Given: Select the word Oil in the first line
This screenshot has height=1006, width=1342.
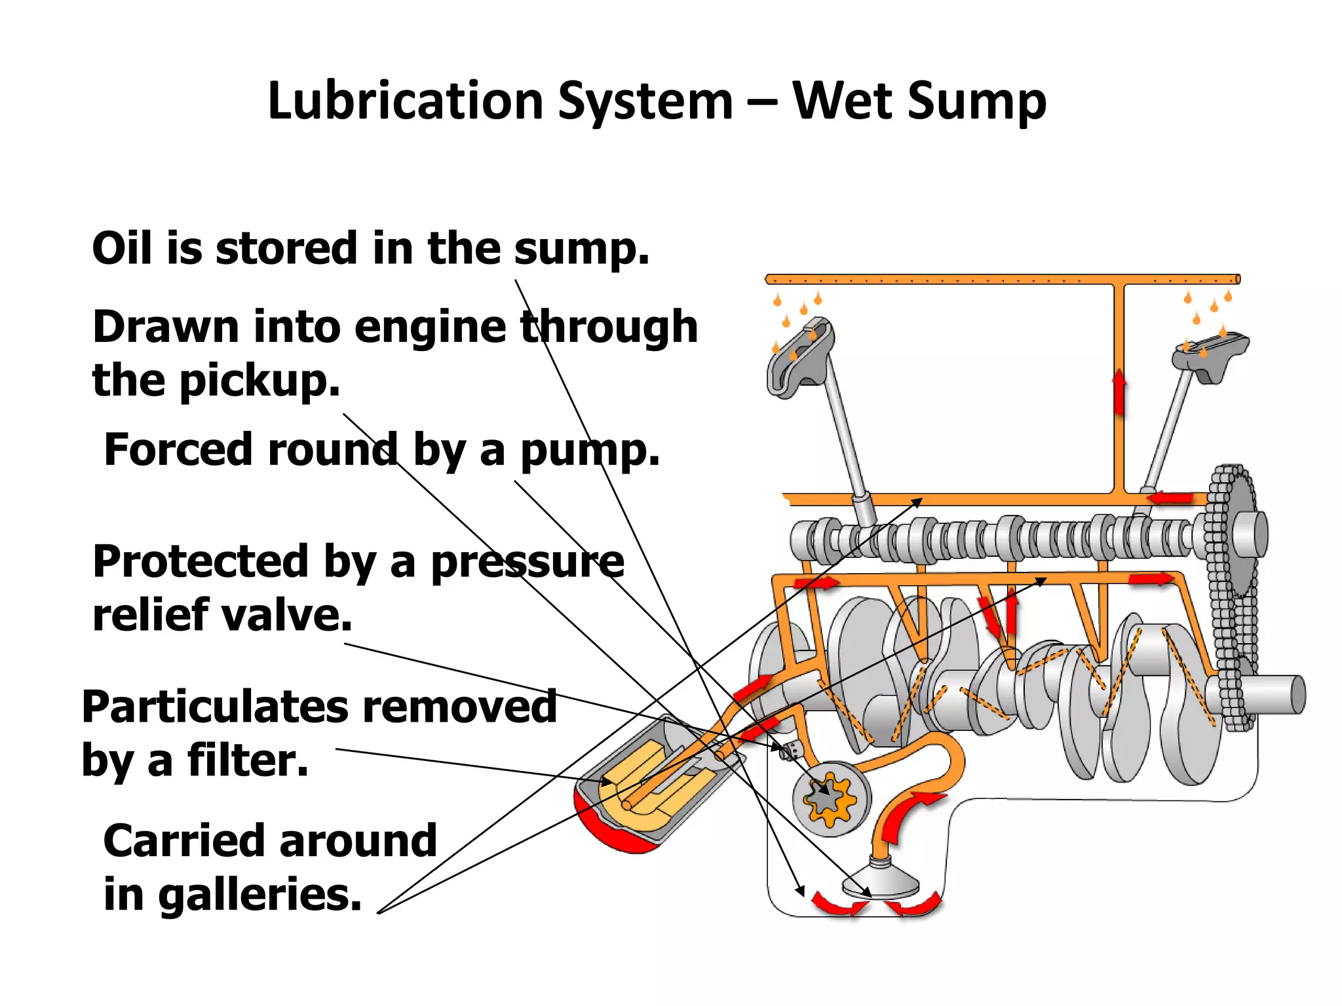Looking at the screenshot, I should (x=123, y=248).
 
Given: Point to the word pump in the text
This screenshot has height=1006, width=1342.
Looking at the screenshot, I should (x=589, y=451).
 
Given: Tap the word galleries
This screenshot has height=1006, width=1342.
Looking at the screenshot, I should (x=259, y=895).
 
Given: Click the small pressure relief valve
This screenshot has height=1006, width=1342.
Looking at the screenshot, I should (x=790, y=749).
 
